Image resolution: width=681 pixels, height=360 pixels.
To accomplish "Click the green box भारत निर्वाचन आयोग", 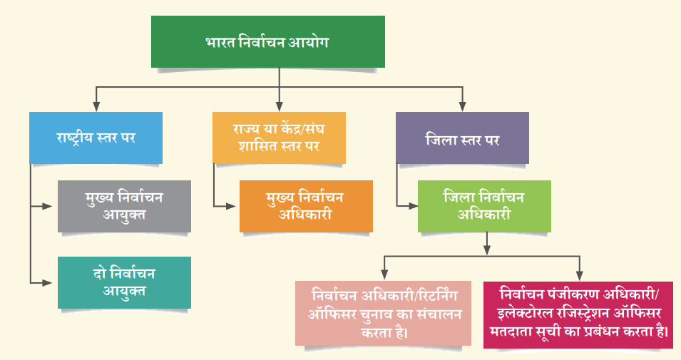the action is pyautogui.click(x=268, y=41).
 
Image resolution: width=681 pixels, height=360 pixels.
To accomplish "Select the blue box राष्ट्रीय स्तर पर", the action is pyautogui.click(x=96, y=138).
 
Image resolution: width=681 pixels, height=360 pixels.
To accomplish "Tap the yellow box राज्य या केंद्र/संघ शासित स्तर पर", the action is pyautogui.click(x=279, y=138).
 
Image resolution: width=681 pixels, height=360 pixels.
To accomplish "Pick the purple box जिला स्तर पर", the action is pyautogui.click(x=462, y=138).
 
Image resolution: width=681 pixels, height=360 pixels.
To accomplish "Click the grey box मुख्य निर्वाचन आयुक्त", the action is pyautogui.click(x=124, y=206).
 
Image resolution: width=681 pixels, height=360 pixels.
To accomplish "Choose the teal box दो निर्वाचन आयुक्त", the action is pyautogui.click(x=124, y=283).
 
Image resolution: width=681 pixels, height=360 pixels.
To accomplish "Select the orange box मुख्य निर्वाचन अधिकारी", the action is pyautogui.click(x=306, y=206).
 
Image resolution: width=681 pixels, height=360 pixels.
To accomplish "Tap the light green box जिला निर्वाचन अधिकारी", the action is pyautogui.click(x=484, y=206).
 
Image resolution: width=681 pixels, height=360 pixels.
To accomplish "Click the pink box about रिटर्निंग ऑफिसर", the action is pyautogui.click(x=383, y=313).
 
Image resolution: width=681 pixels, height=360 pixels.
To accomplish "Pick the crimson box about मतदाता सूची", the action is pyautogui.click(x=578, y=315).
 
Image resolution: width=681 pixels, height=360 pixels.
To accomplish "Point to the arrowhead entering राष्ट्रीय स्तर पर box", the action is pyautogui.click(x=96, y=107).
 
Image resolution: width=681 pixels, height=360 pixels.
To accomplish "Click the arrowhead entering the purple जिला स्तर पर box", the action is pyautogui.click(x=463, y=107).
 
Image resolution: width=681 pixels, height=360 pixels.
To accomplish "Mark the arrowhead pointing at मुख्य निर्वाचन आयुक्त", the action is pyautogui.click(x=47, y=206).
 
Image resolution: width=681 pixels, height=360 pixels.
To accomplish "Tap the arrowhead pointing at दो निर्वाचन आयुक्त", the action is pyautogui.click(x=47, y=283).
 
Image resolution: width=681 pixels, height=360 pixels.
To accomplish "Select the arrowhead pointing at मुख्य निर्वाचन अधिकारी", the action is pyautogui.click(x=230, y=206).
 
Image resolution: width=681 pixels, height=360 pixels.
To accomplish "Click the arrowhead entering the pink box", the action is pyautogui.click(x=384, y=274).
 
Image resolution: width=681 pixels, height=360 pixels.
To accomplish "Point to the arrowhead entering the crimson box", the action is pyautogui.click(x=579, y=275).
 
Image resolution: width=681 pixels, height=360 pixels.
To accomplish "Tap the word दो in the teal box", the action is pyautogui.click(x=101, y=274).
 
